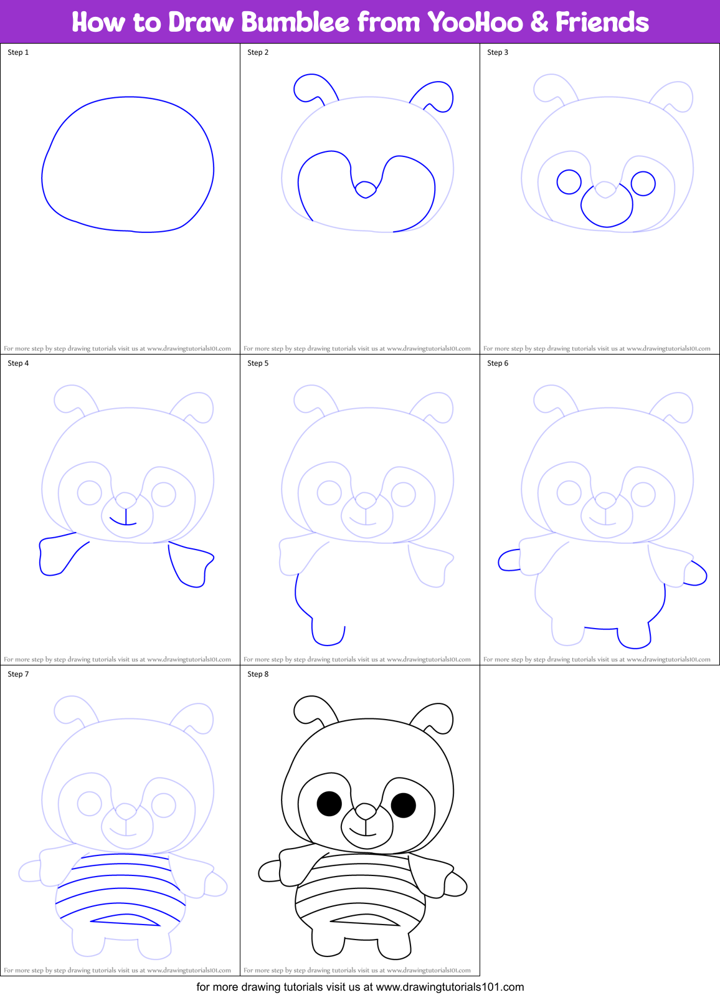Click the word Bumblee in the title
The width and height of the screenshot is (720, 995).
295,22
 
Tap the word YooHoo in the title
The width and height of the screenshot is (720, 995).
475,22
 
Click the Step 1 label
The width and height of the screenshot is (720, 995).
18,52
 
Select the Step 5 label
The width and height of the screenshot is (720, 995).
258,363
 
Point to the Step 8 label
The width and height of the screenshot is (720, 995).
258,674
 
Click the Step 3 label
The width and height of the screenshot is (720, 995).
498,52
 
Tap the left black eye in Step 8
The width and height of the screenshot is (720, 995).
329,804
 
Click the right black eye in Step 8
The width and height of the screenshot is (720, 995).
403,805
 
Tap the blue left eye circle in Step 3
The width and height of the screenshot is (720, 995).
569,182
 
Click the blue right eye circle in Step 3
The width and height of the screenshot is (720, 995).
643,183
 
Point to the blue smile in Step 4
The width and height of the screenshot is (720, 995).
125,521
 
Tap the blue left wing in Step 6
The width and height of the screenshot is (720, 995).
508,561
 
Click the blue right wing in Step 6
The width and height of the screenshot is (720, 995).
696,574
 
